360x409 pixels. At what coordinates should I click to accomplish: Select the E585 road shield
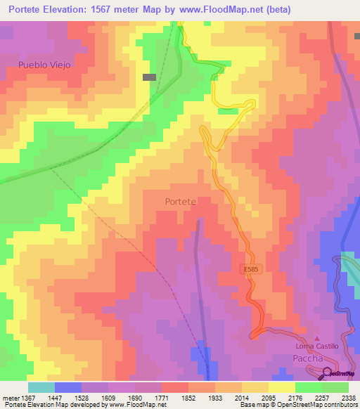(250, 269)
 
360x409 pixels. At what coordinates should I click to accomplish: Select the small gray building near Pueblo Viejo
(149, 77)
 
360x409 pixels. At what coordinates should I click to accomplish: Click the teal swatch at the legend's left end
(41, 387)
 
